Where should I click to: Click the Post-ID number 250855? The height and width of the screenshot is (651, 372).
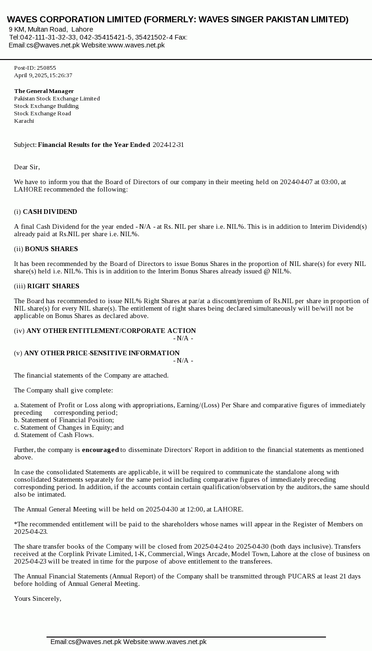(x=46, y=68)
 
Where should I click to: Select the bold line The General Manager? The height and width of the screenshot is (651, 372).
(x=44, y=91)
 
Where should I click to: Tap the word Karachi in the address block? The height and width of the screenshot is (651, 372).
(x=24, y=121)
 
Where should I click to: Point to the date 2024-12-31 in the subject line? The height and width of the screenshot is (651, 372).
(x=168, y=145)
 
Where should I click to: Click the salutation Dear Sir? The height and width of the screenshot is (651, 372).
(x=27, y=167)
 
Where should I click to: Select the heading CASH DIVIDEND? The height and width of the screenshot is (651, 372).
(x=50, y=212)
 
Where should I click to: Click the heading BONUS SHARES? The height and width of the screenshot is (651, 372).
(x=51, y=249)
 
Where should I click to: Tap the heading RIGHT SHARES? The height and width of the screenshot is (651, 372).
(x=53, y=286)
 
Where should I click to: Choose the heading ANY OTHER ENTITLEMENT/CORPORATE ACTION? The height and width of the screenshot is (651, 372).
(x=111, y=331)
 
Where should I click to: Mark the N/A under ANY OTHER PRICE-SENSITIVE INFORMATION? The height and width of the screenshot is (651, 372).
(x=183, y=360)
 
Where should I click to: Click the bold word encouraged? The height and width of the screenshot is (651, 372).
(x=100, y=450)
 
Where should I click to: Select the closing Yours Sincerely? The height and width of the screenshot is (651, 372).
(x=37, y=598)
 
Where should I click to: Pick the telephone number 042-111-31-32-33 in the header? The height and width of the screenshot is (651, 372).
(x=48, y=37)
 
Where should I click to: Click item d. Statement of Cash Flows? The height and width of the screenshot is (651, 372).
(x=53, y=435)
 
